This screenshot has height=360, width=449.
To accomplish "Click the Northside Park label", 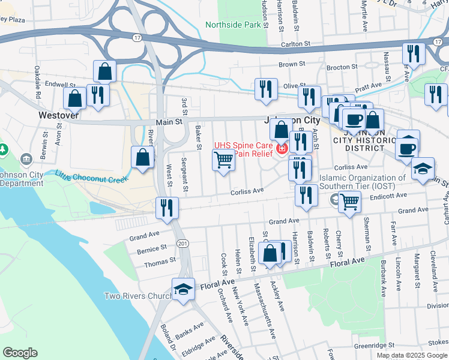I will [x=234, y=25].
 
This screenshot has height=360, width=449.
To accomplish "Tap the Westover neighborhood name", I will [x=59, y=115].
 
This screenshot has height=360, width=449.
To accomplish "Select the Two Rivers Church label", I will [x=137, y=296].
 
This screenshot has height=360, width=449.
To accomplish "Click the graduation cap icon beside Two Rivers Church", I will [x=182, y=289].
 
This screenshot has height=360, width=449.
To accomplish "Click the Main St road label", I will [x=169, y=122].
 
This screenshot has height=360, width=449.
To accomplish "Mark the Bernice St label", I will [x=151, y=248].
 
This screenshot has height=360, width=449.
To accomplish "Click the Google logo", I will [x=20, y=352].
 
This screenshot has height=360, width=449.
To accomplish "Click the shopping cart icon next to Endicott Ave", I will [x=349, y=202].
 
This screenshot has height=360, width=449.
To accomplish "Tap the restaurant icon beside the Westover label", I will [x=97, y=95].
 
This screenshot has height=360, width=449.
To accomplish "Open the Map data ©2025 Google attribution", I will [x=412, y=355].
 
